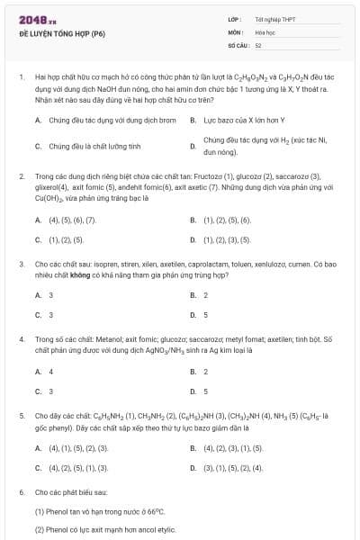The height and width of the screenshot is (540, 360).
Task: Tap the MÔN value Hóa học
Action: (263, 31)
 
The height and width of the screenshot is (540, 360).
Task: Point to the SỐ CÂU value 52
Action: (258, 44)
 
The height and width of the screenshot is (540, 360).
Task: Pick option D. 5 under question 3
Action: (203, 315)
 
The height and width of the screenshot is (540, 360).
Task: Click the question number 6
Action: (21, 493)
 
